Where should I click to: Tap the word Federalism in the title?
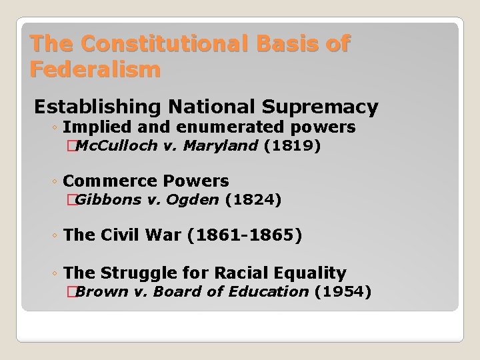(95, 69)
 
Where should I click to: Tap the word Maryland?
(223, 145)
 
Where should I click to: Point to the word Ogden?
(195, 199)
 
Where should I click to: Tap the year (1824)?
(253, 199)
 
